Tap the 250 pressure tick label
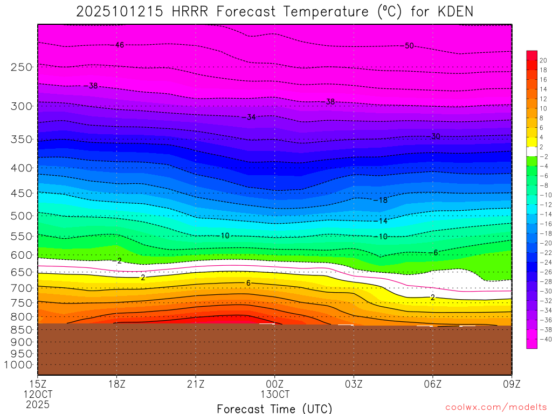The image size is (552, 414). point(22,67)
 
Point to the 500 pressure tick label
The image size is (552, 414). point(22,216)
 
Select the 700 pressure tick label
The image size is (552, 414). point(22,288)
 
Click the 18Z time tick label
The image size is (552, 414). point(117,384)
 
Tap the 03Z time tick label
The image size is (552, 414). point(354,384)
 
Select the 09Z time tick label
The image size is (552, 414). point(511,384)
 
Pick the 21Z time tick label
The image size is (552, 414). point(196,384)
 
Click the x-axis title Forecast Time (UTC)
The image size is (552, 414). point(274,408)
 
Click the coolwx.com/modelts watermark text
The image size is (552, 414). point(496,407)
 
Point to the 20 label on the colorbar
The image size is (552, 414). point(543,60)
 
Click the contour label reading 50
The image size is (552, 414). point(409,46)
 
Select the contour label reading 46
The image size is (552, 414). point(120,45)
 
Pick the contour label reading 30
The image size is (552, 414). point(436,136)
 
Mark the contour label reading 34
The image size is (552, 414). point(251,117)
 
